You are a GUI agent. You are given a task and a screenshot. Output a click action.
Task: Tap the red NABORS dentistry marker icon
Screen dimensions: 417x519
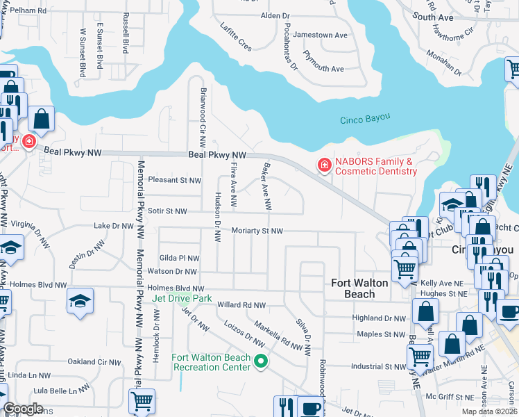coord(323,165)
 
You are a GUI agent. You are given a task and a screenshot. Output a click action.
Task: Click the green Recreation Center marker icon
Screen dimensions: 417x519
coord(261,360)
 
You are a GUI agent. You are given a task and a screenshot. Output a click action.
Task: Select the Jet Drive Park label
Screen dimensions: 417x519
coord(182,298)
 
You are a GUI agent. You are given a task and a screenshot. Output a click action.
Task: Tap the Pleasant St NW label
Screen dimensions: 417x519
coord(174,180)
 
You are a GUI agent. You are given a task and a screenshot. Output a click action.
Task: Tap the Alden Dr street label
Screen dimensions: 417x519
coord(275,15)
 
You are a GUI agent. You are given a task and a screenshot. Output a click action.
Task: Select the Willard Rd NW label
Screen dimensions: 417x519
coord(241,305)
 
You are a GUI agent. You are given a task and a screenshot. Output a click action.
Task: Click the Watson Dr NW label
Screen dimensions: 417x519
coord(172,272)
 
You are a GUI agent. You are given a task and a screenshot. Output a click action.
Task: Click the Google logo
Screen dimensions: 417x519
coord(23,409)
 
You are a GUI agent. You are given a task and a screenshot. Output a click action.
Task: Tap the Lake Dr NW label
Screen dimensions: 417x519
coord(113,226)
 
